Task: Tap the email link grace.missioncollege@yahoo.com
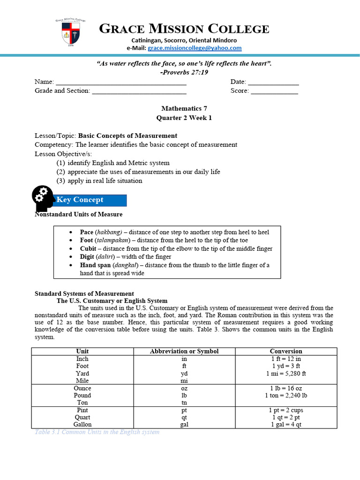point(195,48)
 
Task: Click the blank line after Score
point(274,91)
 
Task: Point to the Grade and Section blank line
point(139,91)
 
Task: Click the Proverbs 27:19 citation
point(184,72)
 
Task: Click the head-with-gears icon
point(43,198)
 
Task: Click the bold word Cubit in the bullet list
point(88,248)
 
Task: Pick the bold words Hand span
point(95,265)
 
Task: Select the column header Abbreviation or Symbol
point(184,351)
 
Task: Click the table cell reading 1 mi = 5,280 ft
point(286,374)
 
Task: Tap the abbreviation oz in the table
point(184,388)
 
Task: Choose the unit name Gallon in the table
point(82,424)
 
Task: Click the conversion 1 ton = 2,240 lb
point(286,395)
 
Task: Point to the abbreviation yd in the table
point(184,374)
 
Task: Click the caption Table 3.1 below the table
point(97,432)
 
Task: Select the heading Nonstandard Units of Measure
point(79,214)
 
